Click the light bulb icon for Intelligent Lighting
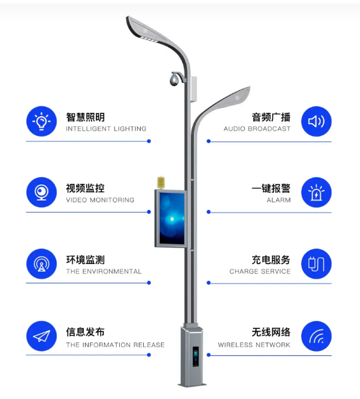[41, 121]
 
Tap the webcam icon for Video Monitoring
[41, 192]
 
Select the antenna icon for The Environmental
[41, 264]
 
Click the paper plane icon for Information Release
[41, 337]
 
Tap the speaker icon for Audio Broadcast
[316, 121]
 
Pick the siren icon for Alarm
[316, 193]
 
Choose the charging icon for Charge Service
[316, 264]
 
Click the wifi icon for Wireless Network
[316, 337]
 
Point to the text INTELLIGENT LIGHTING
[106, 129]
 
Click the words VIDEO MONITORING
[100, 200]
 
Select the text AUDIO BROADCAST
[257, 129]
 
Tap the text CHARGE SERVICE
[260, 271]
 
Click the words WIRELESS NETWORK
[254, 345]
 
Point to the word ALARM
[278, 200]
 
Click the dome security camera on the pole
[174, 81]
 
